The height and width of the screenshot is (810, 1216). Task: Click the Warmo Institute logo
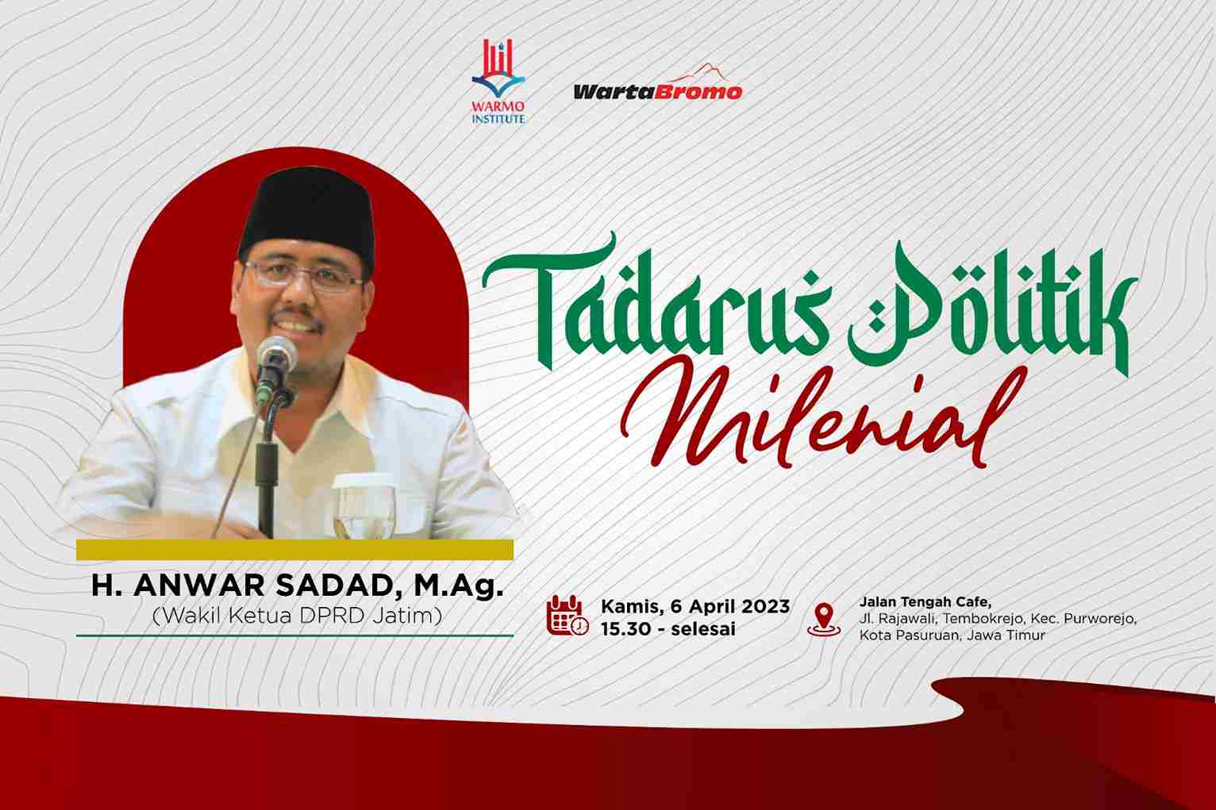tap(498, 82)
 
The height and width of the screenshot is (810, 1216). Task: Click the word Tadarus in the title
tap(657, 304)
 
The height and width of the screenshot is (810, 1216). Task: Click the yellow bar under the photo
tap(294, 550)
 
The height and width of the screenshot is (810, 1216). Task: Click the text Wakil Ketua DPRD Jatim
tap(297, 616)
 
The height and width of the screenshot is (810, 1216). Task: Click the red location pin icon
tap(824, 619)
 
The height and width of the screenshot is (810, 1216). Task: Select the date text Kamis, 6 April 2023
tap(695, 606)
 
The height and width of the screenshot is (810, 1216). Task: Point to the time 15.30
tap(626, 629)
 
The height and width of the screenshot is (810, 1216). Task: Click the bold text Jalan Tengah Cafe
tap(925, 601)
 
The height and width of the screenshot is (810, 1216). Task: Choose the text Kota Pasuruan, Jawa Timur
tap(952, 635)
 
